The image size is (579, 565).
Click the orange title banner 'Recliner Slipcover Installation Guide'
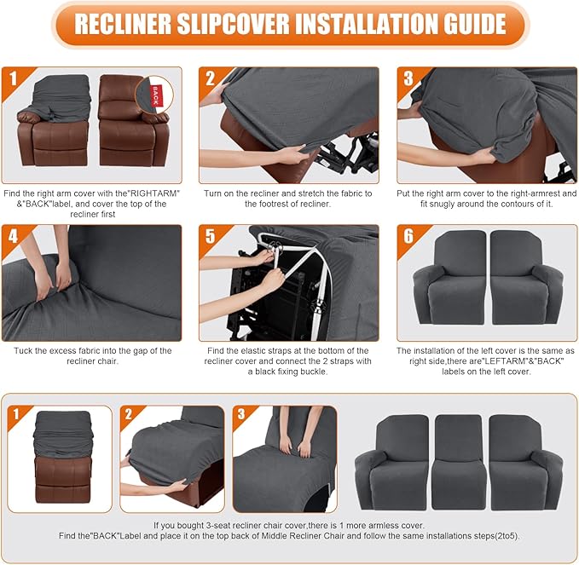coord(289,25)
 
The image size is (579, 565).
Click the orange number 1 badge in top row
coord(14,80)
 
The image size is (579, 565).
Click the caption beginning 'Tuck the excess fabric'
coord(93,356)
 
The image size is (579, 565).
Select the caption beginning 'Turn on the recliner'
coord(287,199)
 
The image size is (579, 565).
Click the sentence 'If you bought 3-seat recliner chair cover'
coord(287,526)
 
